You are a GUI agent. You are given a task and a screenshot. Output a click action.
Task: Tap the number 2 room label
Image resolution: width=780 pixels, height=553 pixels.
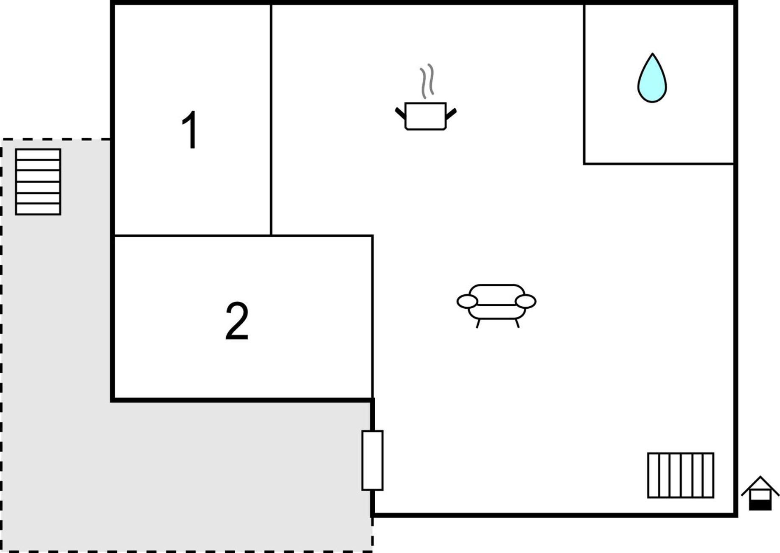tap(237, 321)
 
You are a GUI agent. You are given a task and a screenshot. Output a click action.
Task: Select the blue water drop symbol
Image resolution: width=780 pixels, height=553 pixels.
tap(652, 78)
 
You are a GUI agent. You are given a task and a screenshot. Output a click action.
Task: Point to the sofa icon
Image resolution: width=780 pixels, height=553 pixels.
tap(497, 305)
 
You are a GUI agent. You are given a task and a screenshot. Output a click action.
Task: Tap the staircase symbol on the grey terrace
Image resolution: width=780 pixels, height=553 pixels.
tap(38, 182)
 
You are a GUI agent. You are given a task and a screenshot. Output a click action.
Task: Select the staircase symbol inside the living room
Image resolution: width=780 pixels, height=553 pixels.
tap(680, 475)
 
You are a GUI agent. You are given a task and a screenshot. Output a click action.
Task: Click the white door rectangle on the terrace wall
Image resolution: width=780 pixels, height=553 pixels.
tap(372, 460)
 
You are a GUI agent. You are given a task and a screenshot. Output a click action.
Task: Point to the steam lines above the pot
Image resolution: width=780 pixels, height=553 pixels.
tap(427, 81)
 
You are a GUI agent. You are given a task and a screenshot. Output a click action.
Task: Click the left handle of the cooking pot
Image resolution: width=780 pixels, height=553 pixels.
tap(400, 113)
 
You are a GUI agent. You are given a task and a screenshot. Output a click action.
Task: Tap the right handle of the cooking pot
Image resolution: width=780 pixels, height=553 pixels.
tap(451, 114)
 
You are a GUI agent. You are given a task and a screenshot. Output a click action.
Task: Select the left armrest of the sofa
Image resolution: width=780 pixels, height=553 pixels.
tap(467, 301)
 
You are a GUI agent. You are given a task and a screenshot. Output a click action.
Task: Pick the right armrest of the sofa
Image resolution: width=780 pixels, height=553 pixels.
tap(525, 301)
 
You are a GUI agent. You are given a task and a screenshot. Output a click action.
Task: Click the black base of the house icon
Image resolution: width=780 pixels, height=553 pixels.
tap(760, 505)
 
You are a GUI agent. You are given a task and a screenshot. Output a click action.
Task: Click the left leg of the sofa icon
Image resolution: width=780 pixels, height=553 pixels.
tap(478, 324)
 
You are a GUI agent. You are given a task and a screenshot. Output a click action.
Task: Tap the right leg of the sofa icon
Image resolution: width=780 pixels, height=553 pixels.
tap(517, 323)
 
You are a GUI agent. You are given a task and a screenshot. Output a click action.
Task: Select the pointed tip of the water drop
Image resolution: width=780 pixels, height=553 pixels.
tap(652, 53)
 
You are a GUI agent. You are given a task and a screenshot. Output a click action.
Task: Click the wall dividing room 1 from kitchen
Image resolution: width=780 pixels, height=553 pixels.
tap(271, 119)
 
